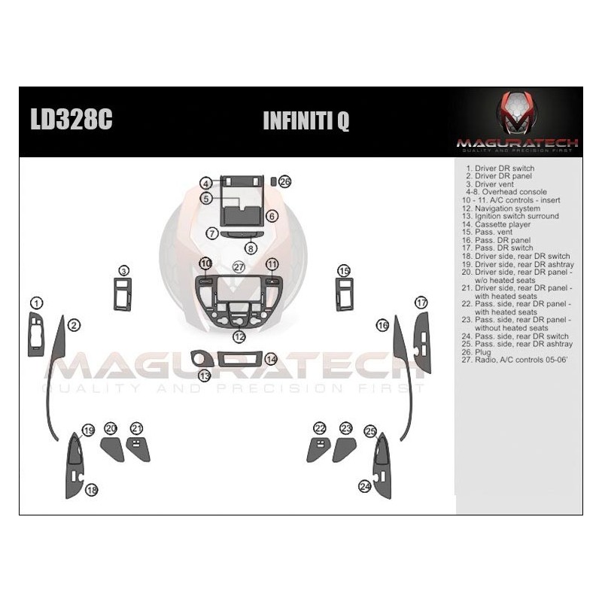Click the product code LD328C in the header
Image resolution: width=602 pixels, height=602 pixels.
pyautogui.click(x=71, y=119)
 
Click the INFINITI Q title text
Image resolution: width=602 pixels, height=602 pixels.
pyautogui.click(x=306, y=120)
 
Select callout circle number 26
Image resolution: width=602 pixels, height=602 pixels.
pyautogui.click(x=285, y=181)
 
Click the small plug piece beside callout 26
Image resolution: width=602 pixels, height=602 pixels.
pyautogui.click(x=273, y=181)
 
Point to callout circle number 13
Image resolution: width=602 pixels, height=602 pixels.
pyautogui.click(x=204, y=375)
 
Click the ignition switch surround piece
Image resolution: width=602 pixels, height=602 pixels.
pyautogui.click(x=202, y=359)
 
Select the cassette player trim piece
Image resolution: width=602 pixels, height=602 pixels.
pyautogui.click(x=240, y=359)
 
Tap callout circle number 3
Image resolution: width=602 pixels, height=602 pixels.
pyautogui.click(x=123, y=271)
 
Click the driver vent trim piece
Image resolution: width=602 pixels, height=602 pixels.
pyautogui.click(x=123, y=294)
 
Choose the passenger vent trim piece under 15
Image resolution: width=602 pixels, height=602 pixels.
pyautogui.click(x=345, y=294)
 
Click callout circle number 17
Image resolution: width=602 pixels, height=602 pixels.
pyautogui.click(x=421, y=303)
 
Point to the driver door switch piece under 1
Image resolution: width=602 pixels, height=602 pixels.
pyautogui.click(x=36, y=334)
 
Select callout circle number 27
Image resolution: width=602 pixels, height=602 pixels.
pyautogui.click(x=239, y=267)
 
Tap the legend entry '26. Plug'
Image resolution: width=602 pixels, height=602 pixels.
pyautogui.click(x=476, y=352)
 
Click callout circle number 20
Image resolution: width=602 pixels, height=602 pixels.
pyautogui.click(x=111, y=428)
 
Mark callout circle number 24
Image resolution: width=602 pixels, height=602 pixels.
pyautogui.click(x=364, y=486)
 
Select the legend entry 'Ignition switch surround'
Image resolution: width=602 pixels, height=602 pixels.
pyautogui.click(x=510, y=216)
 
